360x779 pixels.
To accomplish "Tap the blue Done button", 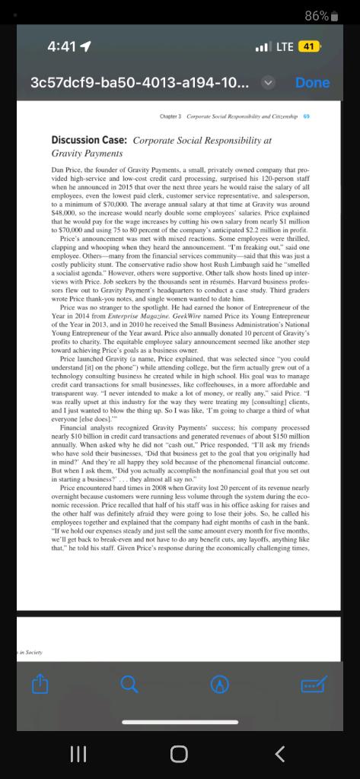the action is click(x=312, y=82).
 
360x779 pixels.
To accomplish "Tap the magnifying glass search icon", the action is click(x=129, y=685).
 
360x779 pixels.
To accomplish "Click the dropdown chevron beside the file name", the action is click(x=267, y=82).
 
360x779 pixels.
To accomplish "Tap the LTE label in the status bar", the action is click(x=284, y=46).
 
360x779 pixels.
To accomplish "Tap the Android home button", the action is click(x=179, y=753).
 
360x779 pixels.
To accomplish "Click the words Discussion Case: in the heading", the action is click(x=90, y=140).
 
